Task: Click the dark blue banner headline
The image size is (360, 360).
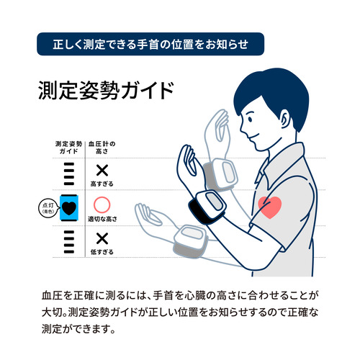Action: coord(150,44)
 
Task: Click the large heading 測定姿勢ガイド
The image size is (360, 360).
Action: coord(106,90)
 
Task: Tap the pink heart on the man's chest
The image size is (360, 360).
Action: coord(269,207)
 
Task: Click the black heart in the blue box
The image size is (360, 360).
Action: coord(69,208)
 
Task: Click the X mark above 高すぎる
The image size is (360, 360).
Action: coord(102,171)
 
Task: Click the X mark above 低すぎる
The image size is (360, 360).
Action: coord(102,238)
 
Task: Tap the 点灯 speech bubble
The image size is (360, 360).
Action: coord(48,208)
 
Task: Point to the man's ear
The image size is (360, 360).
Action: coord(285,120)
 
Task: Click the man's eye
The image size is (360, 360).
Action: coord(250,119)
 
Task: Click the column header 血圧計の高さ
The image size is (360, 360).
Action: coord(102,148)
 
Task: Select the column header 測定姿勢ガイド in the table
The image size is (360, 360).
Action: coord(69,148)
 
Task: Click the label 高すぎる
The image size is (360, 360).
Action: coord(102,184)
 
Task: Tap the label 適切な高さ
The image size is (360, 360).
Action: coord(102,219)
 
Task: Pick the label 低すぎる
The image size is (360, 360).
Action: coord(102,252)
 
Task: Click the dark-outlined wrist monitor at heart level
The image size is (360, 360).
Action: coord(208,207)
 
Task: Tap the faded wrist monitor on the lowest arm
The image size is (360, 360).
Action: coord(190,241)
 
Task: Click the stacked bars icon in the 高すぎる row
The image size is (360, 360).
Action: coord(69,174)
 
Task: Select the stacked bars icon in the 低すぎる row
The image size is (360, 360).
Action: coord(69,242)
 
